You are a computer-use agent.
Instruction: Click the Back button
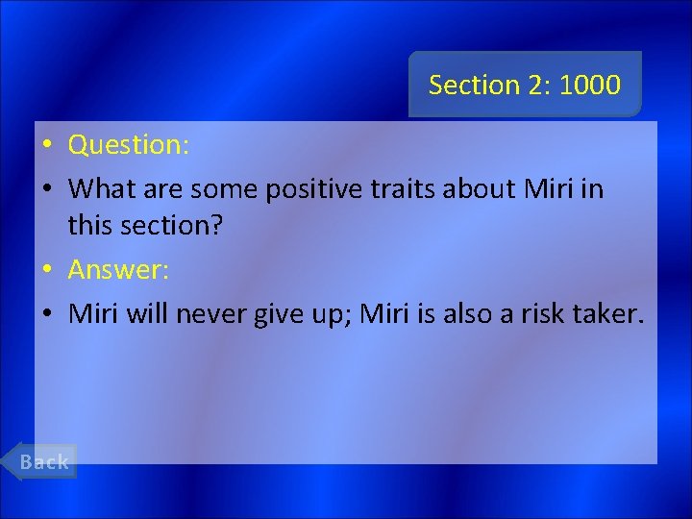click(45, 461)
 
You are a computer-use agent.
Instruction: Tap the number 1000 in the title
click(589, 85)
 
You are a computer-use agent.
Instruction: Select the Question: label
click(129, 145)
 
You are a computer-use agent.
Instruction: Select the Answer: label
click(118, 270)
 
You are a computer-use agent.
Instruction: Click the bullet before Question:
click(46, 146)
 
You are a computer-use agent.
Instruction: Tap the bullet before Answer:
click(46, 271)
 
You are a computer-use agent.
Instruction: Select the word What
click(99, 188)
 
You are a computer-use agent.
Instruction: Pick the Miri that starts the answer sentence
click(93, 313)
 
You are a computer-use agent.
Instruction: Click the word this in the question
click(87, 227)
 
